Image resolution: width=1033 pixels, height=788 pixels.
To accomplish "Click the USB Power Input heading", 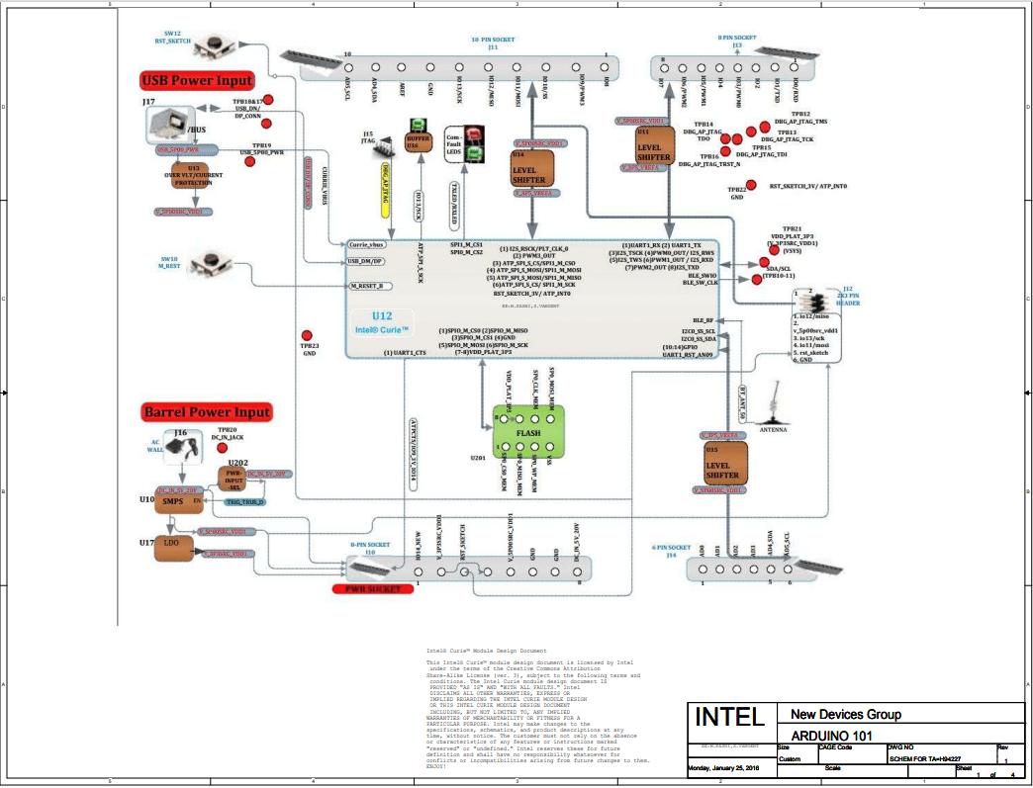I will click(199, 80).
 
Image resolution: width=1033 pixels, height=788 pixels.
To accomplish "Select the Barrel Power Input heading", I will click(206, 411).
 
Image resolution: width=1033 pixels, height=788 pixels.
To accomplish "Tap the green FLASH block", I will click(528, 432).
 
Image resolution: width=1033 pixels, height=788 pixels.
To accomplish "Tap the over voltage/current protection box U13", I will click(191, 179).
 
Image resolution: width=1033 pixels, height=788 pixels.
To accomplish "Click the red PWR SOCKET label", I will click(371, 588).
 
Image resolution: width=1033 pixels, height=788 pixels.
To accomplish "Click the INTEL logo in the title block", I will click(729, 717).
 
